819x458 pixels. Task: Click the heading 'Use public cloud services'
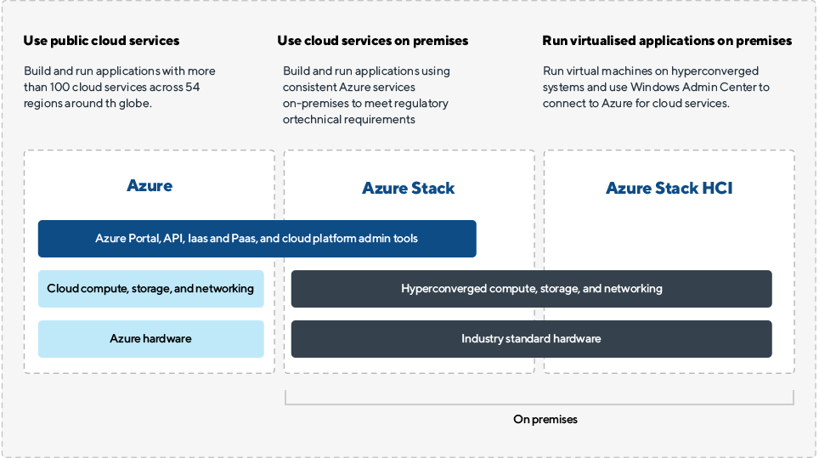click(x=102, y=41)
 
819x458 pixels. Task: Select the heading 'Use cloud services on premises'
click(x=372, y=41)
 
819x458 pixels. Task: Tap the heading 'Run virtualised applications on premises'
click(x=667, y=41)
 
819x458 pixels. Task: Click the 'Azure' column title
click(x=150, y=186)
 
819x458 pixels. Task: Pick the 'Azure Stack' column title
click(x=409, y=189)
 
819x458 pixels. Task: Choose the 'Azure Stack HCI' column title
click(x=669, y=189)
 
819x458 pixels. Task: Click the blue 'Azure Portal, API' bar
click(x=257, y=239)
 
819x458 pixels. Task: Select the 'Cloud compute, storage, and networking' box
click(x=150, y=289)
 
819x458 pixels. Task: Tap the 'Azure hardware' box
click(x=150, y=339)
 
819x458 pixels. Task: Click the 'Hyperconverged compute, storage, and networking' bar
click(x=531, y=289)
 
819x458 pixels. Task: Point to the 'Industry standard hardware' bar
click(x=531, y=339)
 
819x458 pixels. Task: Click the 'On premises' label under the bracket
click(x=545, y=420)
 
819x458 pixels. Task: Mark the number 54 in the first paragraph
click(x=192, y=88)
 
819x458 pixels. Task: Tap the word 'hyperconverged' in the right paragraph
click(x=719, y=71)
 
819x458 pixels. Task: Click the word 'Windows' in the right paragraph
click(x=664, y=88)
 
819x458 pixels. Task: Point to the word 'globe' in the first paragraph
click(x=144, y=104)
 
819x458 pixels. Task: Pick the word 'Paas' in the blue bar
click(x=245, y=239)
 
